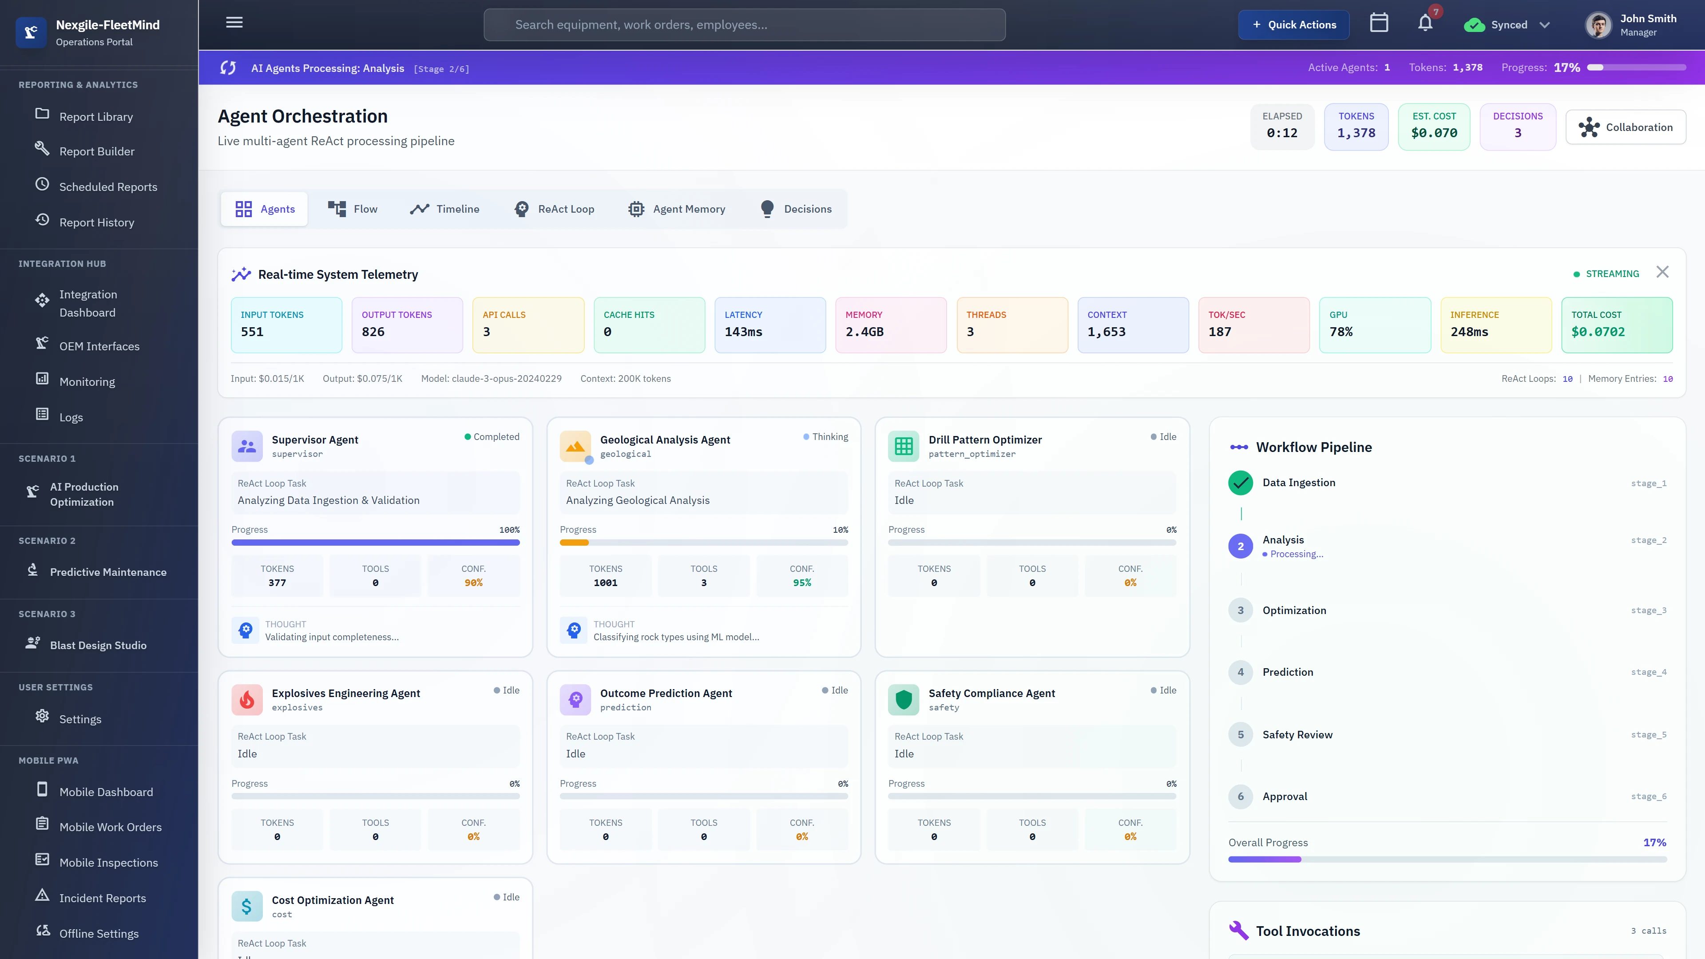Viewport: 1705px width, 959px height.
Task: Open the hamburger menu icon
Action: point(234,23)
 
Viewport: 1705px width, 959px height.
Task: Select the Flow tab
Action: point(353,209)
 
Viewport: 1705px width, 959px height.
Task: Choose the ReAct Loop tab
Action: point(555,209)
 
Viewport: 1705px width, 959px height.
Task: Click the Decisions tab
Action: point(796,209)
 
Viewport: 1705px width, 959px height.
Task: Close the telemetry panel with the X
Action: point(1662,272)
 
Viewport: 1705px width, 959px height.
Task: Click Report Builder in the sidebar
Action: point(97,151)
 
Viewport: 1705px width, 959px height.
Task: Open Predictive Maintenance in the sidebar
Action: point(108,572)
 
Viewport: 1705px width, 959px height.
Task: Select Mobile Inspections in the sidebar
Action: point(108,862)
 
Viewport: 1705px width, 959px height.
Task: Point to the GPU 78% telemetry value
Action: point(1341,332)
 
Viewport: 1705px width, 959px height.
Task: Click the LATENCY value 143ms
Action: point(743,332)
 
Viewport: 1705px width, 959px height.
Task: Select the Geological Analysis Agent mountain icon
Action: point(575,446)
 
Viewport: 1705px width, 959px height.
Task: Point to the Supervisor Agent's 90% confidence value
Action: point(473,583)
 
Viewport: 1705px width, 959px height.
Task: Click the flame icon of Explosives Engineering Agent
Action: point(247,700)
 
